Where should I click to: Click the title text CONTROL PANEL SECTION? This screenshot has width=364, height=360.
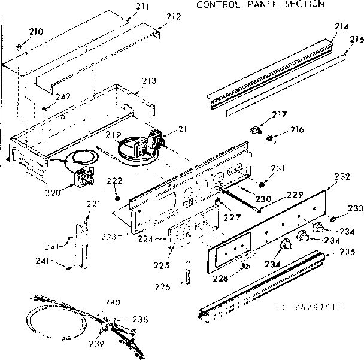coord(260,4)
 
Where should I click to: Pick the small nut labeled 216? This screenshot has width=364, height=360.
coord(270,139)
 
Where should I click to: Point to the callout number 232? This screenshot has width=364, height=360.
coord(342,177)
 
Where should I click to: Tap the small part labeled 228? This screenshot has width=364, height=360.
coord(244,265)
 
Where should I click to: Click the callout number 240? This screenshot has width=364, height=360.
coord(112,302)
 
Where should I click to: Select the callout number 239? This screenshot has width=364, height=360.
coord(96,344)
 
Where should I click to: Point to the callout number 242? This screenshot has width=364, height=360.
coord(63,97)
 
